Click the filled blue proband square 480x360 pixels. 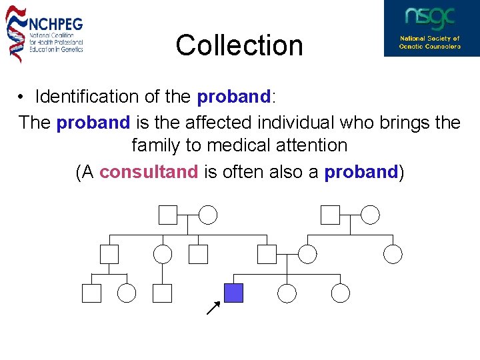pyautogui.click(x=233, y=293)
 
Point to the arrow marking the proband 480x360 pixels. pyautogui.click(x=213, y=307)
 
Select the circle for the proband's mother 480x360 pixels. pyautogui.click(x=307, y=254)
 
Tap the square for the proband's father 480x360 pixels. pyautogui.click(x=267, y=254)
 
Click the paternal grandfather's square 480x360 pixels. pyautogui.click(x=168, y=215)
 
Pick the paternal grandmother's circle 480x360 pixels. pyautogui.click(x=209, y=215)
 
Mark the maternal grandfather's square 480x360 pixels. pyautogui.click(x=330, y=215)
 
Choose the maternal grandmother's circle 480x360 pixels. pyautogui.click(x=370, y=215)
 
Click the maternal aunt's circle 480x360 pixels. pyautogui.click(x=393, y=254)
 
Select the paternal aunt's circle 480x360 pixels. pyautogui.click(x=163, y=254)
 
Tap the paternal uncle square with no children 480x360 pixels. pyautogui.click(x=198, y=254)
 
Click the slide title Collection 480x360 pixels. pyautogui.click(x=239, y=45)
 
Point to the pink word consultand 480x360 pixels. pyautogui.click(x=149, y=172)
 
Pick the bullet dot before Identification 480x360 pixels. pyautogui.click(x=22, y=97)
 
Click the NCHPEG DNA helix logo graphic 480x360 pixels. pyautogui.click(x=16, y=33)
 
